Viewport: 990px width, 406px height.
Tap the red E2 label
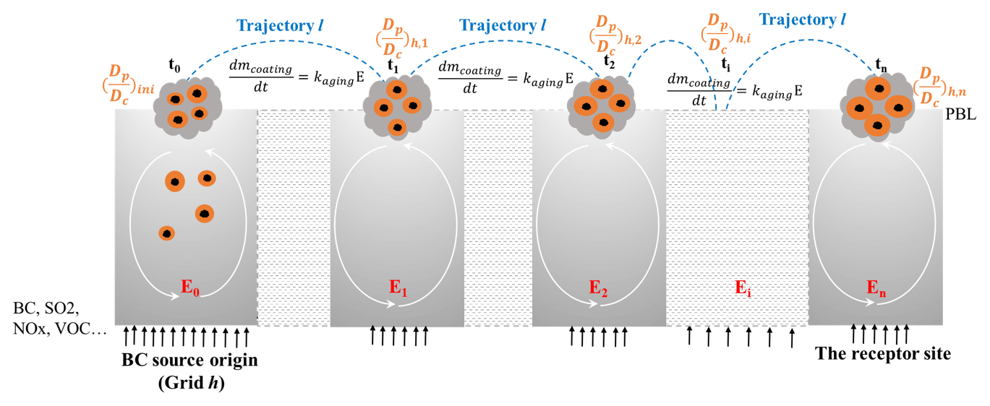click(x=598, y=293)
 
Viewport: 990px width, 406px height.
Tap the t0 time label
click(x=175, y=66)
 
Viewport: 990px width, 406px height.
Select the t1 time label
click(x=393, y=66)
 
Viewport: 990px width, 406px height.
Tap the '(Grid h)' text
click(x=191, y=384)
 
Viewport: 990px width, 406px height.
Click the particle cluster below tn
click(x=877, y=107)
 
